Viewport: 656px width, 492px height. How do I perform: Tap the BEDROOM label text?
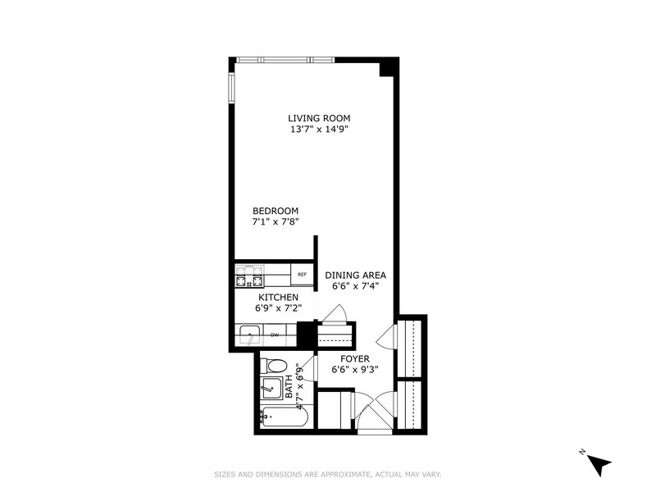click(275, 211)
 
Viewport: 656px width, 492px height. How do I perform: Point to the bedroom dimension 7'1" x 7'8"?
click(275, 221)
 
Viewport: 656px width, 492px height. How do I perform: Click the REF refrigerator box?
click(302, 275)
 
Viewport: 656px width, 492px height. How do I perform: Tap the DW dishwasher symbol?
click(276, 335)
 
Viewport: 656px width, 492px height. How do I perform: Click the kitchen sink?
click(248, 335)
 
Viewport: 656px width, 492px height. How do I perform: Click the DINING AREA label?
click(355, 276)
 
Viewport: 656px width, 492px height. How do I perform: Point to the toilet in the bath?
click(276, 366)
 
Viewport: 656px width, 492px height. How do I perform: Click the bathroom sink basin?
click(271, 388)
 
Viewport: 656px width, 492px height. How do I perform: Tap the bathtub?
click(283, 417)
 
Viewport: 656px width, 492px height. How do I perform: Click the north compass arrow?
click(599, 463)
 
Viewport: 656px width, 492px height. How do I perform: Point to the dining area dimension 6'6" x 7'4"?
click(355, 286)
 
